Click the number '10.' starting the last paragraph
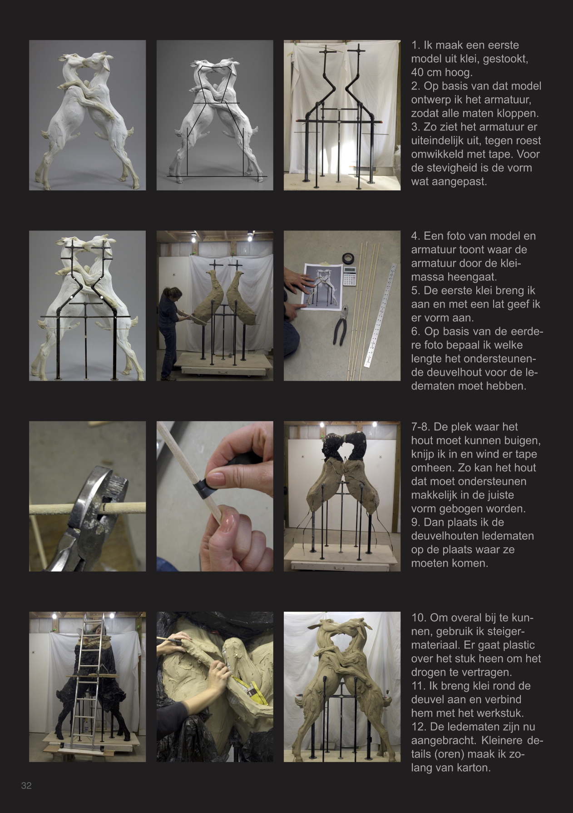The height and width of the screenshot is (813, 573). [x=418, y=618]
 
